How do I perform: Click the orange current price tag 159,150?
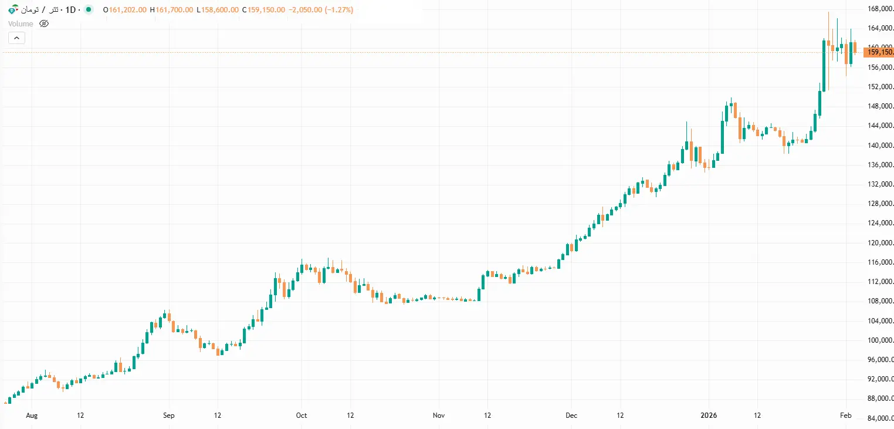tap(880, 52)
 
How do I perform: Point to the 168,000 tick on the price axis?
tap(880, 9)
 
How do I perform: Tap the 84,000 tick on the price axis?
tap(880, 418)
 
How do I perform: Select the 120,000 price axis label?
tap(880, 243)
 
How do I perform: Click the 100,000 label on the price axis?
tap(880, 340)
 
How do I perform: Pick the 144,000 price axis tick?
tap(880, 126)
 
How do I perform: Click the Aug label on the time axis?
tap(32, 416)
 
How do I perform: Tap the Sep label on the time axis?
tap(168, 416)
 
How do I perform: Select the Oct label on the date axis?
tap(301, 416)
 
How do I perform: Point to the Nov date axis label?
tap(439, 416)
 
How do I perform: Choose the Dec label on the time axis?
tap(571, 416)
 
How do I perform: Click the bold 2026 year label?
tap(709, 416)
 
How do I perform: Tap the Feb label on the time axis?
tap(845, 416)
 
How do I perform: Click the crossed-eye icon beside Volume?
tap(44, 23)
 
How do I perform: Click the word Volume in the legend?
tap(21, 23)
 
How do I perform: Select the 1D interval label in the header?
tap(71, 10)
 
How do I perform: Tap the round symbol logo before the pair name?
tap(12, 10)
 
